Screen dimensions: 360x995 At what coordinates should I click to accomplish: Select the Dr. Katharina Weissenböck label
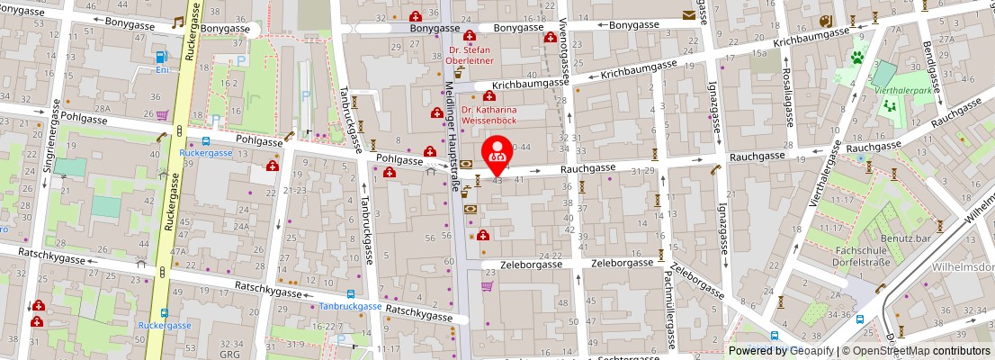489,112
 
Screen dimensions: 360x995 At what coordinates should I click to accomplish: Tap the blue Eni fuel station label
162,69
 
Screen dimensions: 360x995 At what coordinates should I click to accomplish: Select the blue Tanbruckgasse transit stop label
351,306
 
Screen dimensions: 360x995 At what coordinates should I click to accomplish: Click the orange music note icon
177,22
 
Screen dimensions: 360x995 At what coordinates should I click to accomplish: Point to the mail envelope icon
688,14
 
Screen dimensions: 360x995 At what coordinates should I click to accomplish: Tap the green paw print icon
860,55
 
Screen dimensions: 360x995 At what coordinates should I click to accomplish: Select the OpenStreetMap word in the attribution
887,351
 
